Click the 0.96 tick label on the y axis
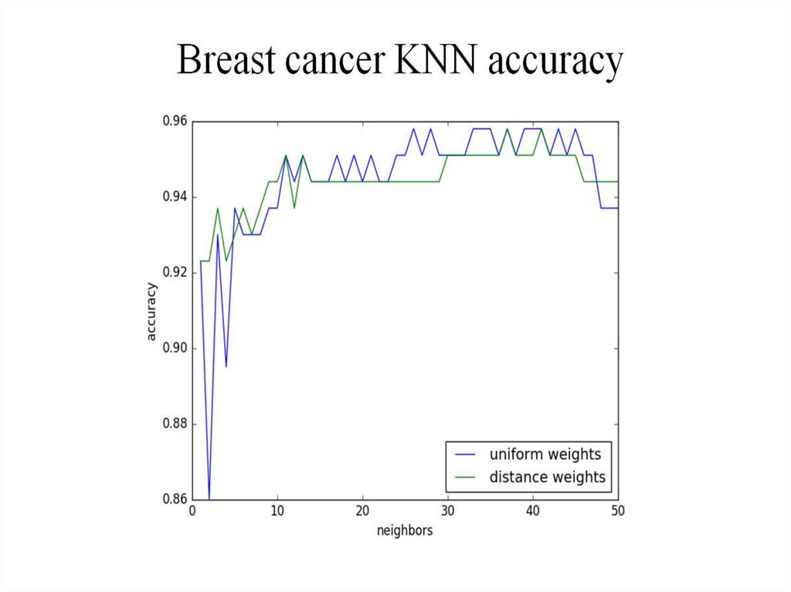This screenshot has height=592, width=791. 174,121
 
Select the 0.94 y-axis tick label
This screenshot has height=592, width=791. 174,197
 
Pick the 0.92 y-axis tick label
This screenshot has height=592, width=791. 174,272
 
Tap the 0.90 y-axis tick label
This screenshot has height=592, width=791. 174,348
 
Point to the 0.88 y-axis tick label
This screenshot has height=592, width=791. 174,424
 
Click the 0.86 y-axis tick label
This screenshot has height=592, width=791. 174,499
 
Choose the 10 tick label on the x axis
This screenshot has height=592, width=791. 277,512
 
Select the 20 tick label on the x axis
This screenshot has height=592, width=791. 362,512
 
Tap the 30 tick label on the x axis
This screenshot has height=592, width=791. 447,512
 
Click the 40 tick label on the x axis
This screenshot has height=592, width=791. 532,512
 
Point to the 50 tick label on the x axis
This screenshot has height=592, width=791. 617,512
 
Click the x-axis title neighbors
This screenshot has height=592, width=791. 405,531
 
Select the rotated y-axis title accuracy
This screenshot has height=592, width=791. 151,310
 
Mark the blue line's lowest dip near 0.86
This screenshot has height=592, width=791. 209,496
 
